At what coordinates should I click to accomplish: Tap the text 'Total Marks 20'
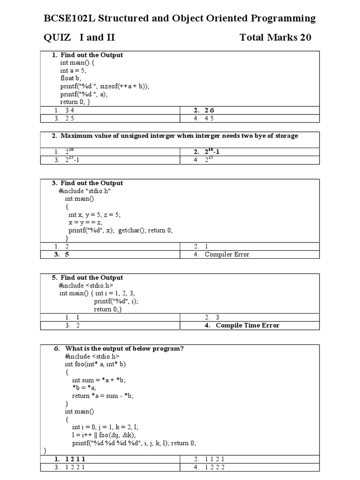[275, 37]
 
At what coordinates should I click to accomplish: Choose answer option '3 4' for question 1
[70, 110]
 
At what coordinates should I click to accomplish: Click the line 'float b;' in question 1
[70, 78]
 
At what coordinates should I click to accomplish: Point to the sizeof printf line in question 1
[105, 86]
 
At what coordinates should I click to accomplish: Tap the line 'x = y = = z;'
[85, 222]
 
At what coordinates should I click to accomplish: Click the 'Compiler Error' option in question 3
[227, 254]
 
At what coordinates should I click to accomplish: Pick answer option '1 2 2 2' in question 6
[216, 467]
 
